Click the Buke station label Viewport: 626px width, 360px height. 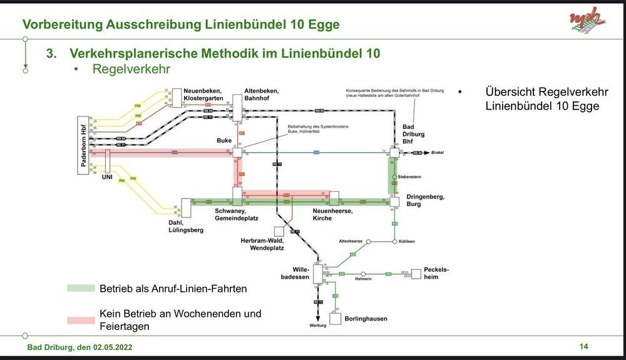pyautogui.click(x=224, y=141)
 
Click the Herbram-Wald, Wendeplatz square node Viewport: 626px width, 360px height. pyautogui.click(x=279, y=231)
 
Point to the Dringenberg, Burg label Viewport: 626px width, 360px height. pyautogui.click(x=425, y=200)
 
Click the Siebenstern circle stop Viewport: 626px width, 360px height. pyautogui.click(x=395, y=177)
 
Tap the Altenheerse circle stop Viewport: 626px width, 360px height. pyautogui.click(x=369, y=241)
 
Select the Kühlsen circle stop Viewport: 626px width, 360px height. pyautogui.click(x=395, y=241)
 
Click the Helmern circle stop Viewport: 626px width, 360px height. pyautogui.click(x=363, y=274)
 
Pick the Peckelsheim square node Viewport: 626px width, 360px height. pyautogui.click(x=416, y=274)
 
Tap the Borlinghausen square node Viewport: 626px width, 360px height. pyautogui.click(x=336, y=318)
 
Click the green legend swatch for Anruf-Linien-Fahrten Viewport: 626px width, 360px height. pyautogui.click(x=81, y=289)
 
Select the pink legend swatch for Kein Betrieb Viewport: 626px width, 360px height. pyautogui.click(x=81, y=320)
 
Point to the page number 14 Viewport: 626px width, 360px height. pyautogui.click(x=584, y=346)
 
